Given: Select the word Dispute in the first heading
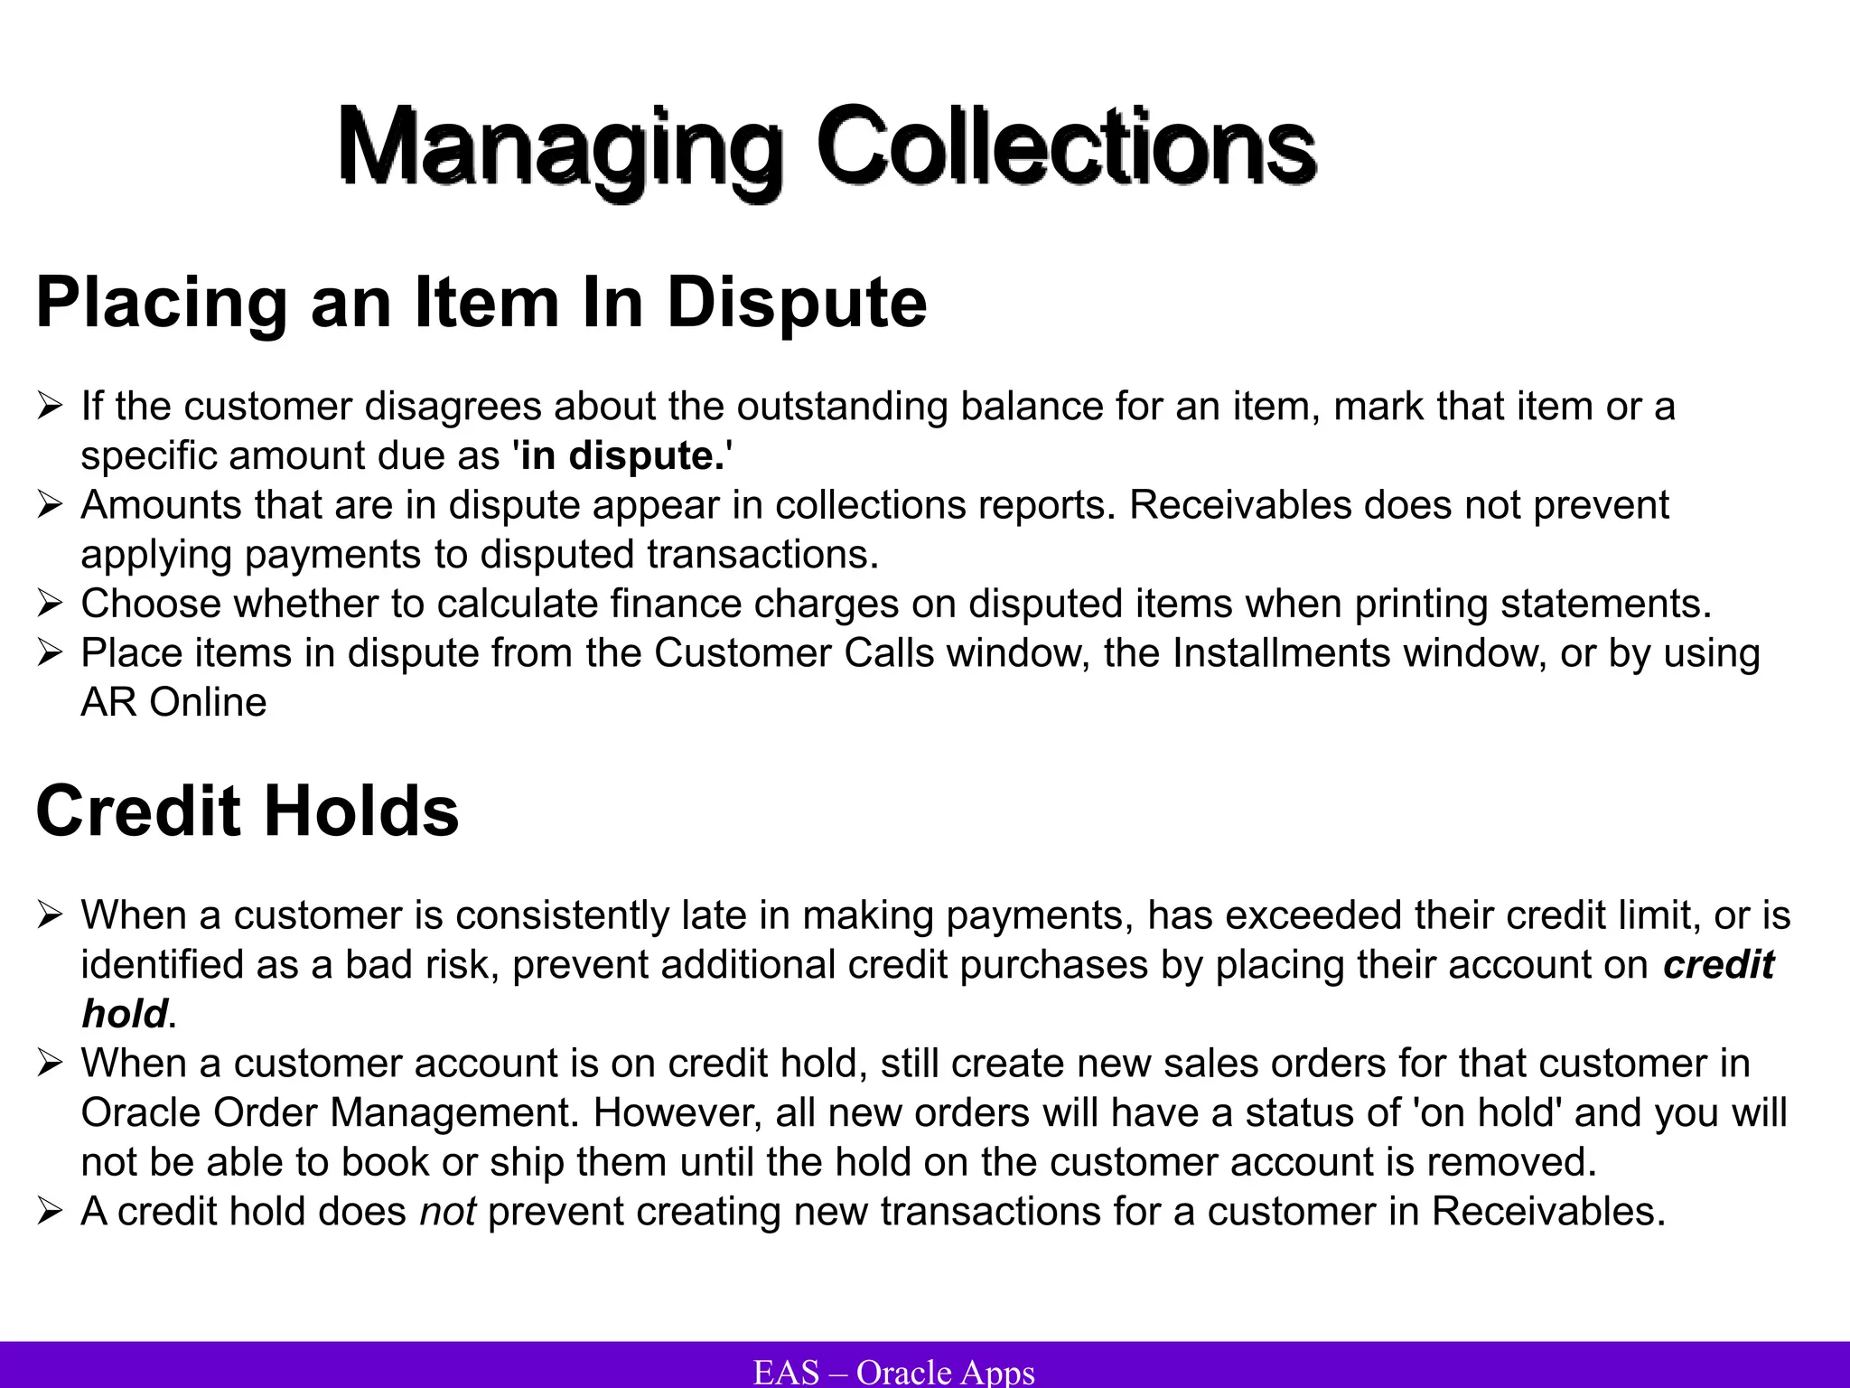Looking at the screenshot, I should [x=797, y=303].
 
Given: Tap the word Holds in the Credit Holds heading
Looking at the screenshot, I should [x=361, y=811].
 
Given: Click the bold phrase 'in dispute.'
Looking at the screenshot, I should [x=622, y=455].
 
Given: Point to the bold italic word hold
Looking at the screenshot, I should [x=125, y=1014].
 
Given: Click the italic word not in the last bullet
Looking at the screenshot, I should [x=447, y=1212].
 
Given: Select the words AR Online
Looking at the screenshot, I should [x=173, y=702].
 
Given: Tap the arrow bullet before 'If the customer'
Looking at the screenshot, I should [x=50, y=406].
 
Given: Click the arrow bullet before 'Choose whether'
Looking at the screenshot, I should [x=50, y=604].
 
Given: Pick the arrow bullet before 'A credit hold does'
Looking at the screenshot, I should [x=50, y=1212].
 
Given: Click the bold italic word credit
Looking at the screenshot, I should [x=1718, y=964].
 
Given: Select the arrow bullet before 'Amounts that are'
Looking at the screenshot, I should [x=50, y=505].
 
